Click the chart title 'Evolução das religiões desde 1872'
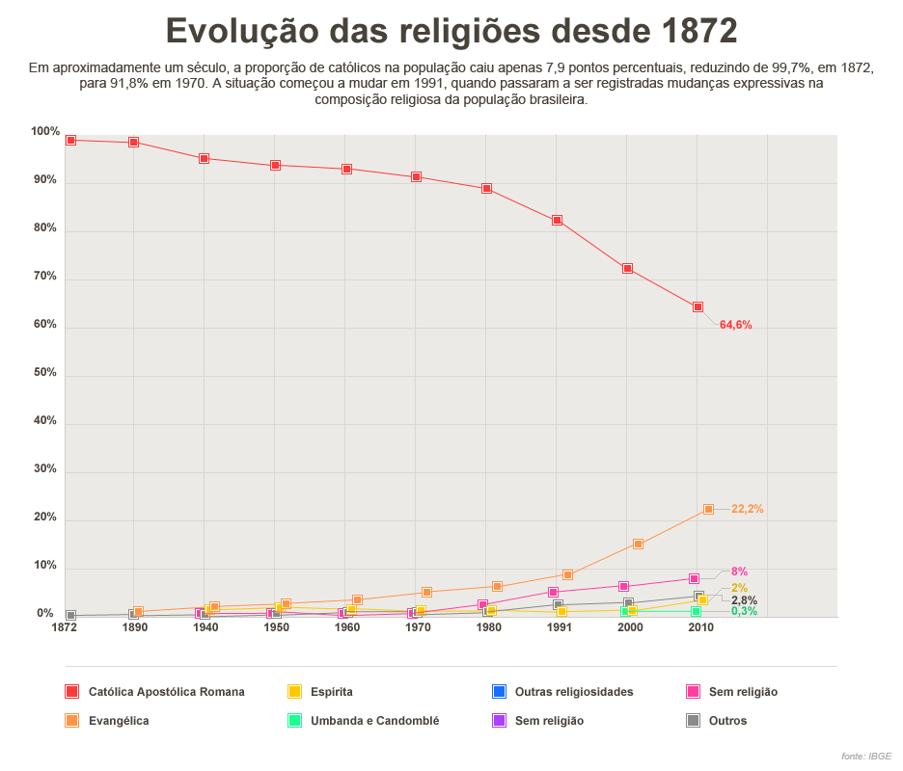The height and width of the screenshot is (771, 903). (x=451, y=32)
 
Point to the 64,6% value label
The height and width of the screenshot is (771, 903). (x=735, y=325)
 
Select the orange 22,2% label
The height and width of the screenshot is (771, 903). (x=747, y=509)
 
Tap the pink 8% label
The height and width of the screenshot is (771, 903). (x=739, y=572)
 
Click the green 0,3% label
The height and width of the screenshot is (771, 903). (x=744, y=611)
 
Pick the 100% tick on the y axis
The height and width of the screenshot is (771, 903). (x=45, y=132)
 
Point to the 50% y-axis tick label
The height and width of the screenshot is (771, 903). (x=45, y=373)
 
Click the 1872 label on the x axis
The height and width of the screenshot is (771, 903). (x=65, y=627)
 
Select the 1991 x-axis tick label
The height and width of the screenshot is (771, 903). (x=557, y=627)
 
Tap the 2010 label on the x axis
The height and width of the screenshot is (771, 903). (x=700, y=627)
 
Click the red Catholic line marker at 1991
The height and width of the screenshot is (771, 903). (x=557, y=221)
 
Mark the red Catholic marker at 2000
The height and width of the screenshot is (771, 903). (x=627, y=269)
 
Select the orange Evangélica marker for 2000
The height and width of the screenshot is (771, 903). (x=638, y=545)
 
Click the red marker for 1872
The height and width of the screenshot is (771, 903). (x=70, y=141)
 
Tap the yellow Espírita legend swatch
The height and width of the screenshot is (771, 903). (x=294, y=692)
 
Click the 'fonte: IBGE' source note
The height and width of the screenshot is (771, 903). (x=865, y=757)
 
